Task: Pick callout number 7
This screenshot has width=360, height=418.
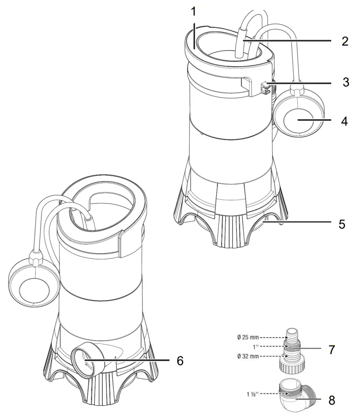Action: (x=331, y=350)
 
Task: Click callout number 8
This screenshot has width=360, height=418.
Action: (x=331, y=400)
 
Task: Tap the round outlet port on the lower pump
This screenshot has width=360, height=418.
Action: (x=85, y=360)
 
